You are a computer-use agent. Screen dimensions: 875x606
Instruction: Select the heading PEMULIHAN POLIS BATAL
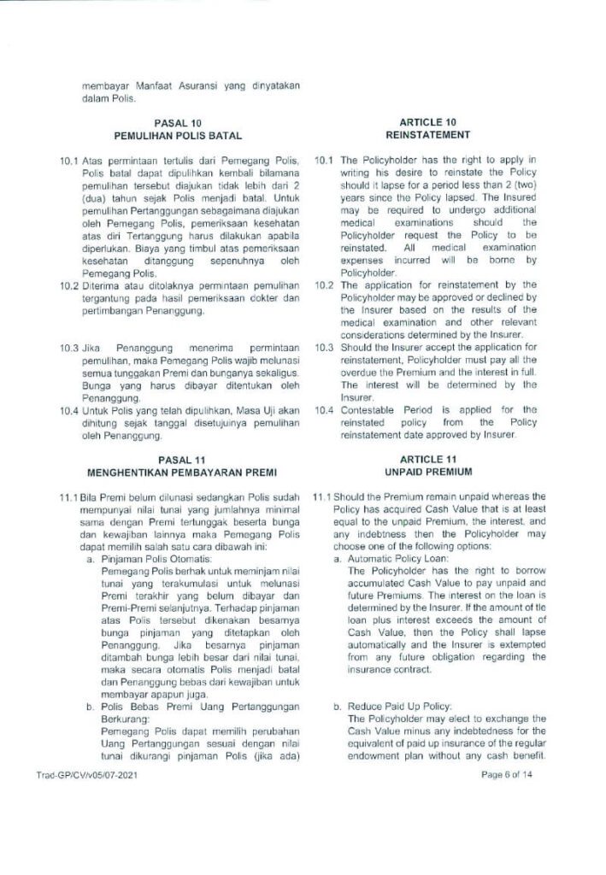tap(178, 136)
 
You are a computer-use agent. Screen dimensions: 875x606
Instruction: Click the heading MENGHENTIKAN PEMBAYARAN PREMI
tap(178, 472)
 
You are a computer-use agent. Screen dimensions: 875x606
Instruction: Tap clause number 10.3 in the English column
tap(323, 349)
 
